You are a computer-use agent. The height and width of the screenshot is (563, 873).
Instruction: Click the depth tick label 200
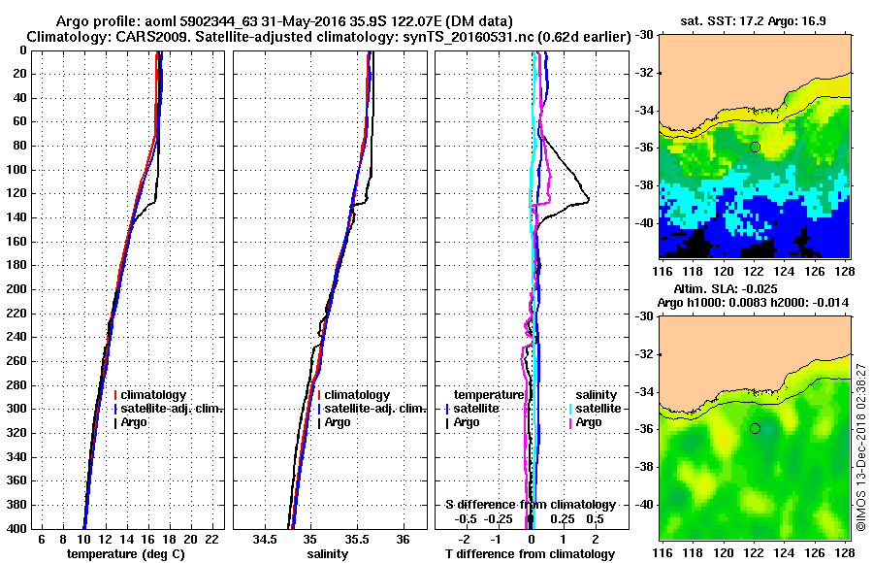17,289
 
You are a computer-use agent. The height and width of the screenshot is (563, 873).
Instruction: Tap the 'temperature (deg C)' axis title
125,554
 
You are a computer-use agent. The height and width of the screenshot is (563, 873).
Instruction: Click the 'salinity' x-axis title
331,554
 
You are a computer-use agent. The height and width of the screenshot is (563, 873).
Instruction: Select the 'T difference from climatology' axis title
531,554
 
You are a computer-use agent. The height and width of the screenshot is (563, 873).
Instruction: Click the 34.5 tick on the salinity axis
265,539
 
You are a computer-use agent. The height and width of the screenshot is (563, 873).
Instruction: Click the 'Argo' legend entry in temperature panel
143,422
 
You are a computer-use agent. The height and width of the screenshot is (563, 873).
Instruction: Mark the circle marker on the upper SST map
755,147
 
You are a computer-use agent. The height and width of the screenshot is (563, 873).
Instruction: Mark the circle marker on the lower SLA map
755,428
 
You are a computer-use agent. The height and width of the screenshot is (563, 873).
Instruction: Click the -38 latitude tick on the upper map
644,185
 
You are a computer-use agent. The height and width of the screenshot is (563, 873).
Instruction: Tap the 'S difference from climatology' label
531,505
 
